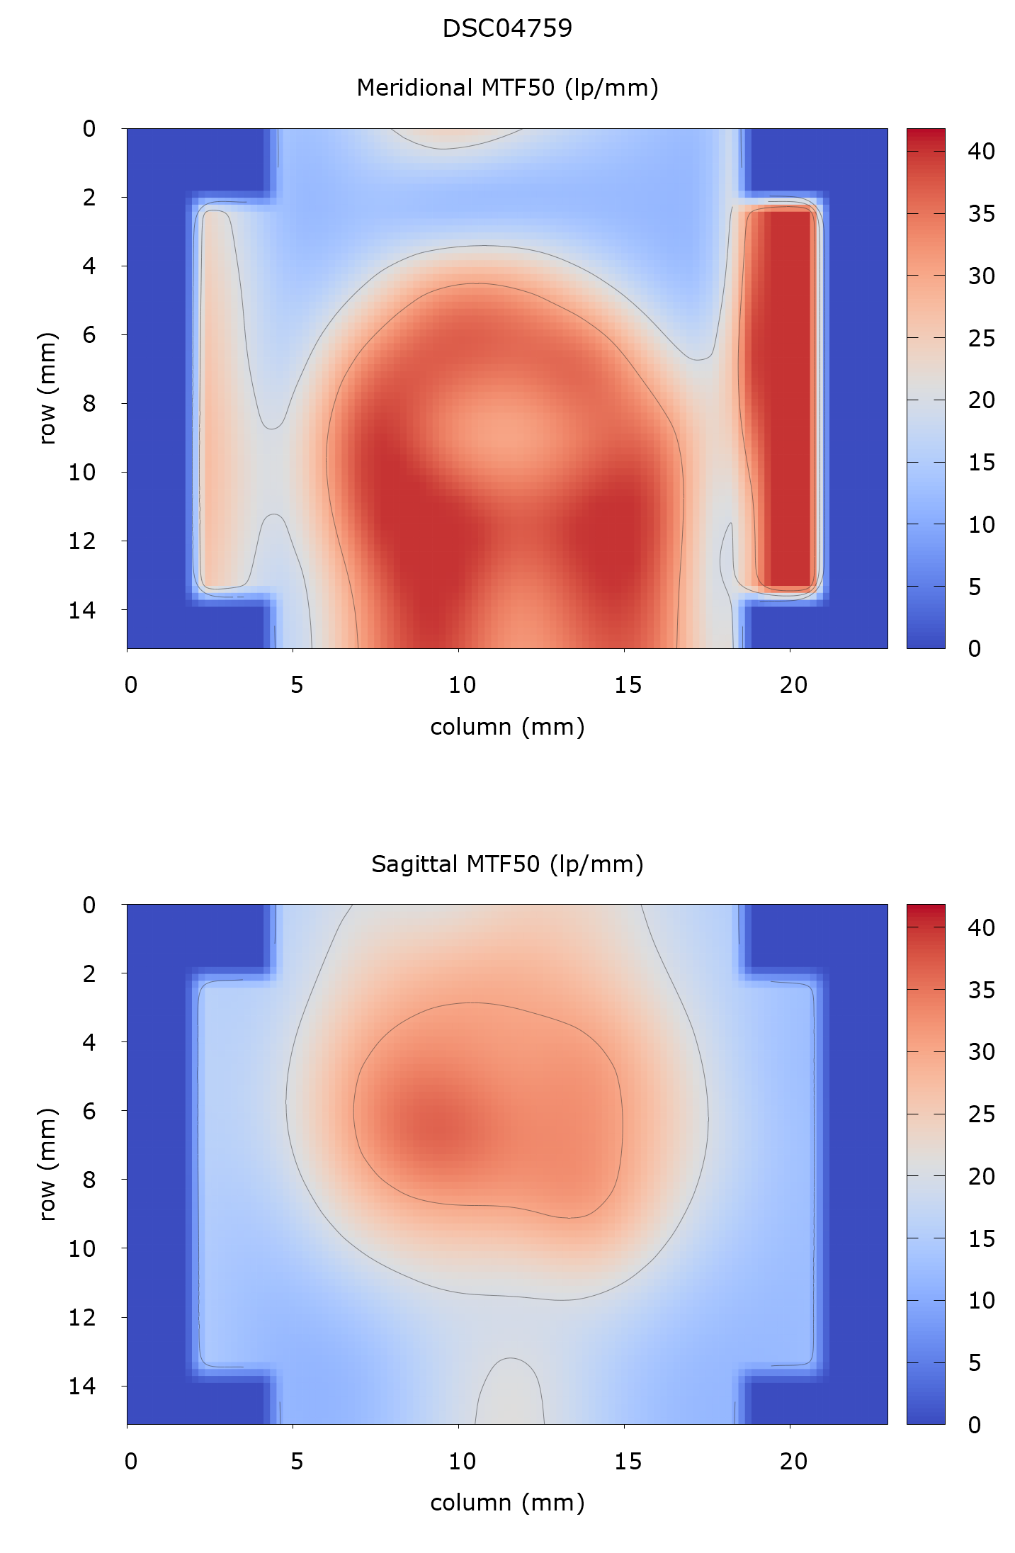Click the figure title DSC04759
pyautogui.click(x=507, y=28)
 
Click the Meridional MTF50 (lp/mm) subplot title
pyautogui.click(x=507, y=88)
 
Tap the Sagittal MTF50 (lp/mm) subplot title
pyautogui.click(x=507, y=864)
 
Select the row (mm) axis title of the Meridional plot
pyautogui.click(x=47, y=388)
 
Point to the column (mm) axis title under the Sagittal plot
pyautogui.click(x=507, y=1502)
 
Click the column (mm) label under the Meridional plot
pyautogui.click(x=507, y=727)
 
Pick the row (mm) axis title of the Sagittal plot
pyautogui.click(x=47, y=1165)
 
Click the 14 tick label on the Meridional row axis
pyautogui.click(x=82, y=609)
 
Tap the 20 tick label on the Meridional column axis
pyautogui.click(x=793, y=685)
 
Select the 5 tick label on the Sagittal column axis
pyautogui.click(x=296, y=1461)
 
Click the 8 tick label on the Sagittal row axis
pyautogui.click(x=89, y=1180)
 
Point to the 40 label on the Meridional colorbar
pyautogui.click(x=981, y=152)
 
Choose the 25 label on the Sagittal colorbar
pyautogui.click(x=981, y=1114)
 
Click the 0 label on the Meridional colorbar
pyautogui.click(x=975, y=649)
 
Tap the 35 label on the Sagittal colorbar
pyautogui.click(x=981, y=990)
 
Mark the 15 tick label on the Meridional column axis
pyautogui.click(x=628, y=685)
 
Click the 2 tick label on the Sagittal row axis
pyautogui.click(x=89, y=973)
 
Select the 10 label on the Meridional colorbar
pyautogui.click(x=981, y=525)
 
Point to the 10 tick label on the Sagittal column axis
pyautogui.click(x=462, y=1461)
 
